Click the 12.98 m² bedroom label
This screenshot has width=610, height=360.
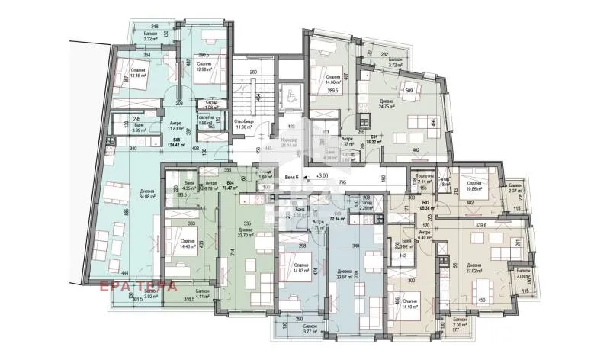[x=204, y=68]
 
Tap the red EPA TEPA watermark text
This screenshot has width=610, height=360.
[x=139, y=286]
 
